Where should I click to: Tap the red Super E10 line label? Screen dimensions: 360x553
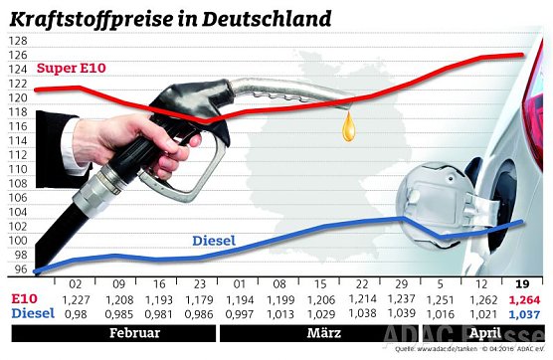click(x=72, y=69)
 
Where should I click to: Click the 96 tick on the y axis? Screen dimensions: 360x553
click(x=18, y=270)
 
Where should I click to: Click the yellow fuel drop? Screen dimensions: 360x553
click(x=348, y=125)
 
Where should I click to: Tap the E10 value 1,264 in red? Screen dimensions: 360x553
click(x=524, y=298)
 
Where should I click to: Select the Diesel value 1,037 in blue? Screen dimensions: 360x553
click(x=524, y=313)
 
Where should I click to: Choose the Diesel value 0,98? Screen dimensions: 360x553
click(x=75, y=313)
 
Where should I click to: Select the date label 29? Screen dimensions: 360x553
click(x=401, y=282)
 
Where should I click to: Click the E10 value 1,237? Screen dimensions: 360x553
click(x=401, y=298)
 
